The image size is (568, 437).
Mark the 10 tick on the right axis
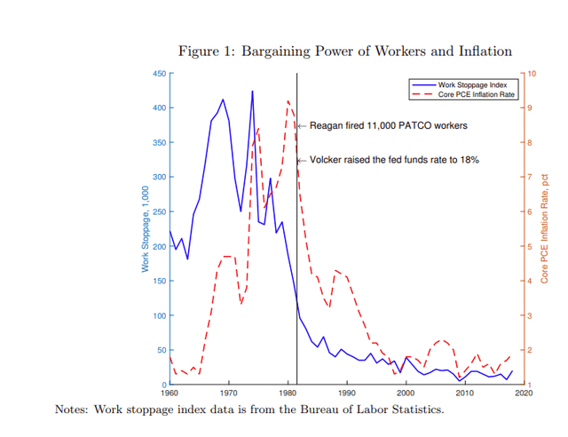pyautogui.click(x=532, y=74)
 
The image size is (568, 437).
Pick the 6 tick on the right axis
pyautogui.click(x=531, y=211)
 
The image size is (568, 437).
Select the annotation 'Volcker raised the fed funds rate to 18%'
pyautogui.click(x=394, y=160)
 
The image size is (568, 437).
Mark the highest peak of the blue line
pyautogui.click(x=252, y=91)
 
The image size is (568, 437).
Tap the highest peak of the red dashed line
pyautogui.click(x=288, y=101)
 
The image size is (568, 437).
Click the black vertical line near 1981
pyautogui.click(x=296, y=266)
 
